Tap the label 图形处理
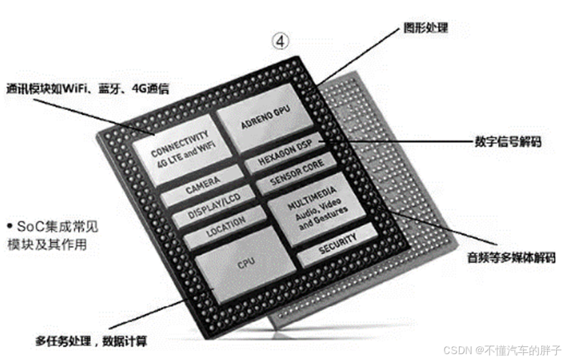pos(426,28)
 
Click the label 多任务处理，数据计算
pos(91,340)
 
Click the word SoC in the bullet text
pos(29,228)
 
